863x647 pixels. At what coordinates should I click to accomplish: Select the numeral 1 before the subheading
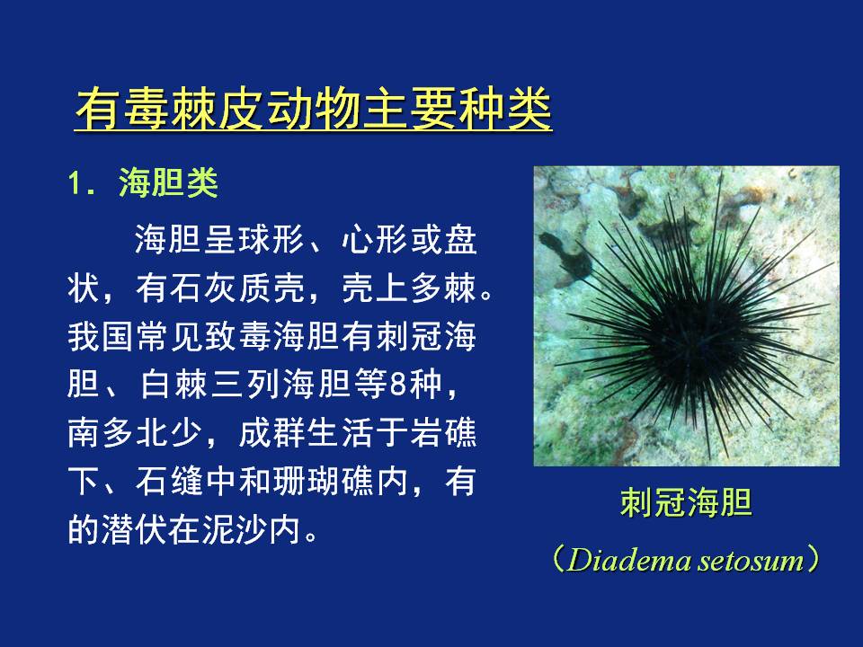[76, 182]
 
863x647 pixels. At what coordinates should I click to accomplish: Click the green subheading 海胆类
[168, 182]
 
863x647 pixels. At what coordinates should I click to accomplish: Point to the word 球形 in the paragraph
[271, 240]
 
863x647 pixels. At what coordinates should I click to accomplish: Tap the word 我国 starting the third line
[102, 337]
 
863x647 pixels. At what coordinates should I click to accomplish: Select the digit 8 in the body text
[398, 385]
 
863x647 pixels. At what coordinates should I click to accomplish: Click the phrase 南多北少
[134, 433]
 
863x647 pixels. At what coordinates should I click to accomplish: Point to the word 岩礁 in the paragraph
[443, 433]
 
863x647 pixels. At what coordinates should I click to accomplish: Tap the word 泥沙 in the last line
[236, 529]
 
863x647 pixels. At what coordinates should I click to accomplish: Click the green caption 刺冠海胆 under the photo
[686, 502]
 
